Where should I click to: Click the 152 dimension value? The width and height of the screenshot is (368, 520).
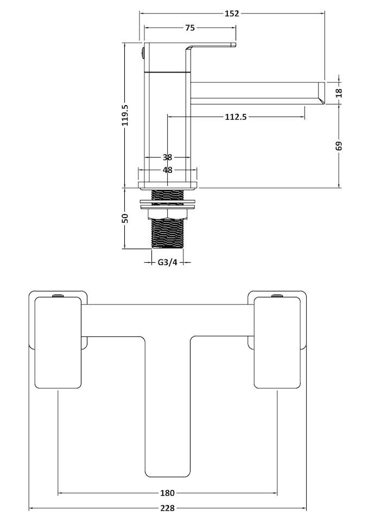point(231,14)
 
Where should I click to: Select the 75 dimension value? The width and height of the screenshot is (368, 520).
point(189,28)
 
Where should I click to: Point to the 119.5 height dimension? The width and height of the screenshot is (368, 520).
point(125,115)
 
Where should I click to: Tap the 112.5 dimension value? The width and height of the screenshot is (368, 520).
point(236,116)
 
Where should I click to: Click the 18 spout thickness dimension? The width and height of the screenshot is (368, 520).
point(339,92)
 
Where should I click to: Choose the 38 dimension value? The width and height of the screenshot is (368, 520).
point(167,158)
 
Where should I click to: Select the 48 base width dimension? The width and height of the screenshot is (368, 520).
point(167,170)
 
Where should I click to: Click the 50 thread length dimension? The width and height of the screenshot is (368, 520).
point(125,218)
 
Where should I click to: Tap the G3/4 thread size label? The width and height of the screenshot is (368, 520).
point(167,263)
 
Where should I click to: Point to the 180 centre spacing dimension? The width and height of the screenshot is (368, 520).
point(167,493)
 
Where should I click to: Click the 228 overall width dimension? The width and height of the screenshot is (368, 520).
point(167,509)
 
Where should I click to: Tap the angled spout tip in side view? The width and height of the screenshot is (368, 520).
point(320,93)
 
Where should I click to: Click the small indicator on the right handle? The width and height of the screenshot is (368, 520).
point(277,296)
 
